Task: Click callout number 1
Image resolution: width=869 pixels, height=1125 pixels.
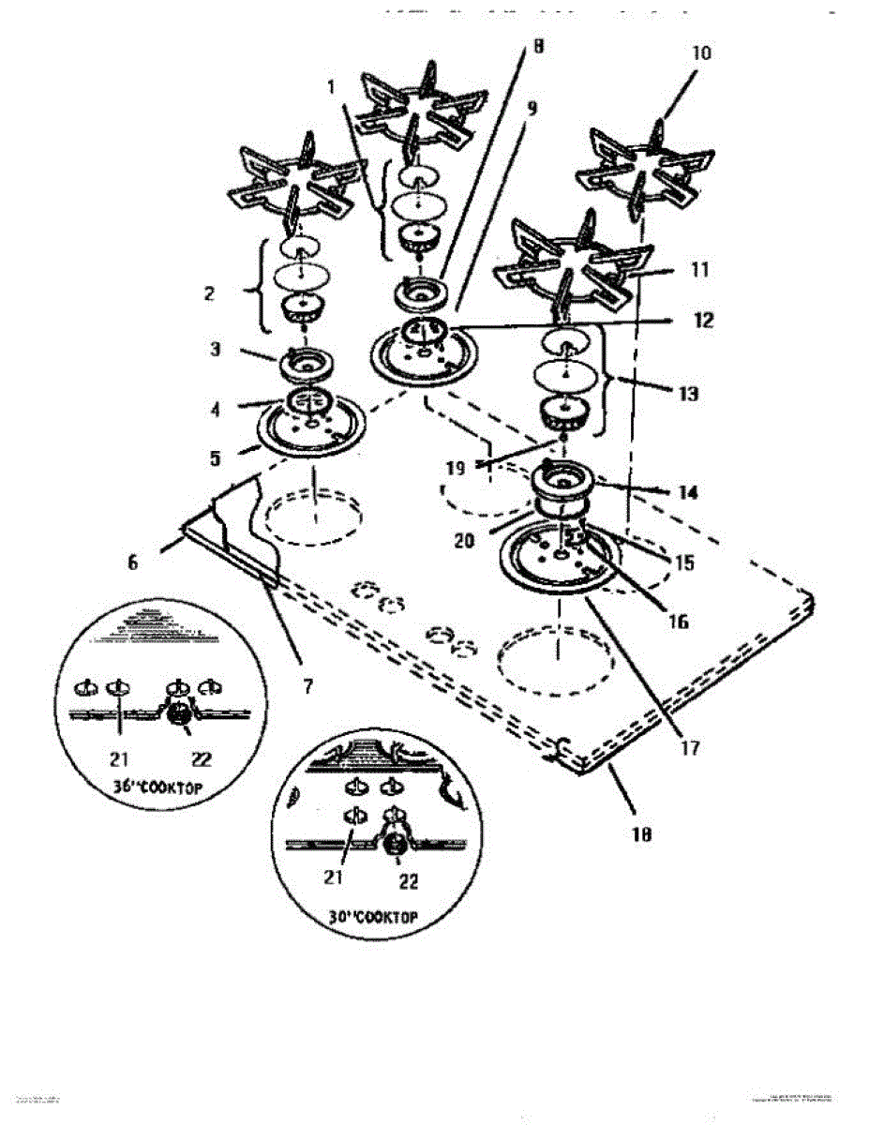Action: point(331,88)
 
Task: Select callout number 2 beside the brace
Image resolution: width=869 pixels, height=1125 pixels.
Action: point(210,293)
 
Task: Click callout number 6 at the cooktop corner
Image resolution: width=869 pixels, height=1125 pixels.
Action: point(132,563)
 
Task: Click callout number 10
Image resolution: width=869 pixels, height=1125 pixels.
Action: point(701,53)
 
